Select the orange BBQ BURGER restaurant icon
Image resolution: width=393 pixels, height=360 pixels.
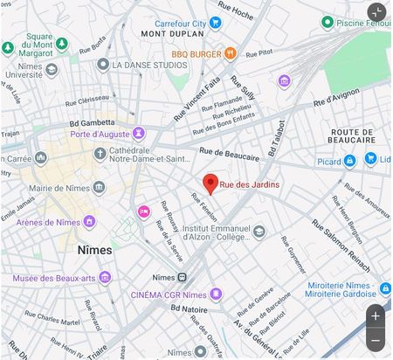pyautogui.click(x=231, y=53)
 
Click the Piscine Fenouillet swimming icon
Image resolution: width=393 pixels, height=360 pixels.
pyautogui.click(x=326, y=22)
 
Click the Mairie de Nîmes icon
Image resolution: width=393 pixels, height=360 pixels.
pyautogui.click(x=99, y=188)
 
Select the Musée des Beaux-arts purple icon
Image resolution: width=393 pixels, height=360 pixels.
pyautogui.click(x=106, y=278)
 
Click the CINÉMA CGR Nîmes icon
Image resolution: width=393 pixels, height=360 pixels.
pyautogui.click(x=216, y=294)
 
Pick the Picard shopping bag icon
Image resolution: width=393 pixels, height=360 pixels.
pyautogui.click(x=349, y=161)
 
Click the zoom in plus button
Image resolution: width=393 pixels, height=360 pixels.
pyautogui.click(x=376, y=315)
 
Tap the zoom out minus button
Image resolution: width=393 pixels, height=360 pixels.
pyautogui.click(x=376, y=340)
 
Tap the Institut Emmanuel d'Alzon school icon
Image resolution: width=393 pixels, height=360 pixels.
pyautogui.click(x=259, y=232)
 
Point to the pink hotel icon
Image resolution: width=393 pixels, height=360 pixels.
pyautogui.click(x=143, y=211)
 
